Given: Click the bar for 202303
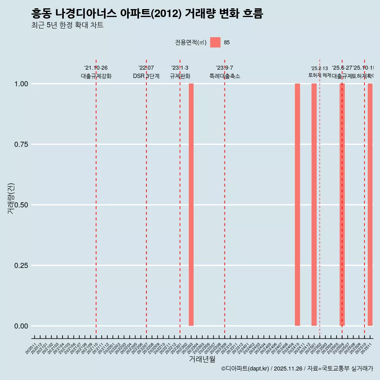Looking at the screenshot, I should (x=191, y=205).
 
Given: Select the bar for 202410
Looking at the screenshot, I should (x=297, y=205).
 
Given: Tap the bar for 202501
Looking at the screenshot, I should (x=314, y=205).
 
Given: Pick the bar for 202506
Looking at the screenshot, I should (x=342, y=205).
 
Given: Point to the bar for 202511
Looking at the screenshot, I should (x=370, y=205).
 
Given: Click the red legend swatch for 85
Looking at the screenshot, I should (x=215, y=42).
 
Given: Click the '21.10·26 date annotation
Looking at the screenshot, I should (x=96, y=68).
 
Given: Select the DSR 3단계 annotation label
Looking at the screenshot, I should (x=146, y=76).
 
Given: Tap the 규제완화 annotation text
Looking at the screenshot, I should (x=180, y=76).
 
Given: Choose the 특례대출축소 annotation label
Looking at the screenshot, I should (x=225, y=76).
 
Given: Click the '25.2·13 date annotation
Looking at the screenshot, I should (x=319, y=68).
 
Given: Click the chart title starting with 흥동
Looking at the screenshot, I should (x=147, y=14).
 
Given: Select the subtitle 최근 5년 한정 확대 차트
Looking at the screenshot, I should (x=67, y=25).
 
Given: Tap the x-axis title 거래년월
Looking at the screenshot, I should (x=202, y=359).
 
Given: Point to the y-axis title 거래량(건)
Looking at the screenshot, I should (x=11, y=198).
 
